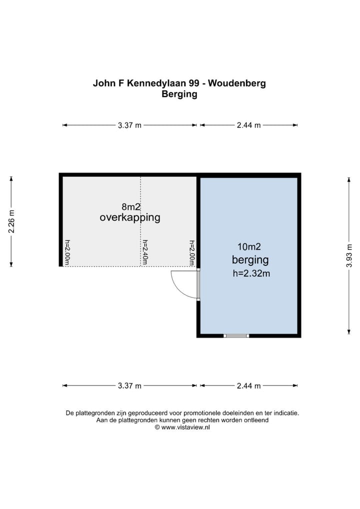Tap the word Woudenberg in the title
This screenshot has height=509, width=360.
pyautogui.click(x=236, y=83)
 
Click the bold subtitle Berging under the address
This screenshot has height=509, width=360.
pyautogui.click(x=179, y=94)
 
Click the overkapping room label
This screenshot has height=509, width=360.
pyautogui.click(x=130, y=217)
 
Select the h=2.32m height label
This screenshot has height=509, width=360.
pyautogui.click(x=251, y=273)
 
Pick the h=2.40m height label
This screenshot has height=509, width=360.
pyautogui.click(x=145, y=252)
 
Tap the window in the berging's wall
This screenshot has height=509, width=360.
pyautogui.click(x=236, y=335)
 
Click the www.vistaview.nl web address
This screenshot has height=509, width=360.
pyautogui.click(x=186, y=427)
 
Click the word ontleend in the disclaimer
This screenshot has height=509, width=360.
pyautogui.click(x=256, y=420)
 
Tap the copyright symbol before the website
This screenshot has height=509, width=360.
pyautogui.click(x=157, y=427)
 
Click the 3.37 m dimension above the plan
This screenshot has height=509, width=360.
pyautogui.click(x=129, y=125)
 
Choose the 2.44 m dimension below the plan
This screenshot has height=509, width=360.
pyautogui.click(x=248, y=385)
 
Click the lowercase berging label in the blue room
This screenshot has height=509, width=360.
pyautogui.click(x=250, y=260)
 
